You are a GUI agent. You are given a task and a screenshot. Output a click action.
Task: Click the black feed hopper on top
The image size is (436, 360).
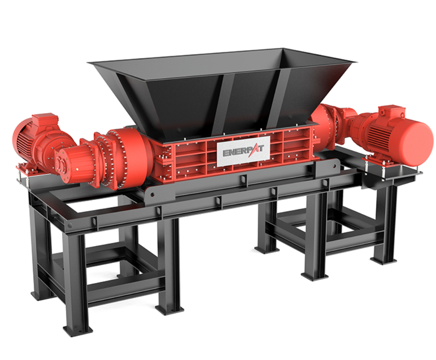pyautogui.click(x=222, y=92)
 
